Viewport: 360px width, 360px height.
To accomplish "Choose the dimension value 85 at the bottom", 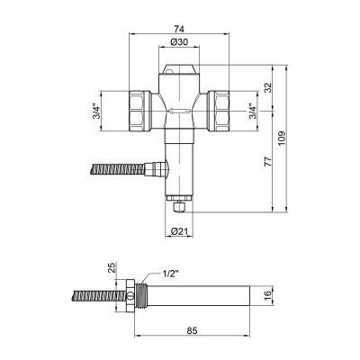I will [x=193, y=328].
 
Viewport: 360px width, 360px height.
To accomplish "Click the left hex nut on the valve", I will [x=144, y=108].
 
